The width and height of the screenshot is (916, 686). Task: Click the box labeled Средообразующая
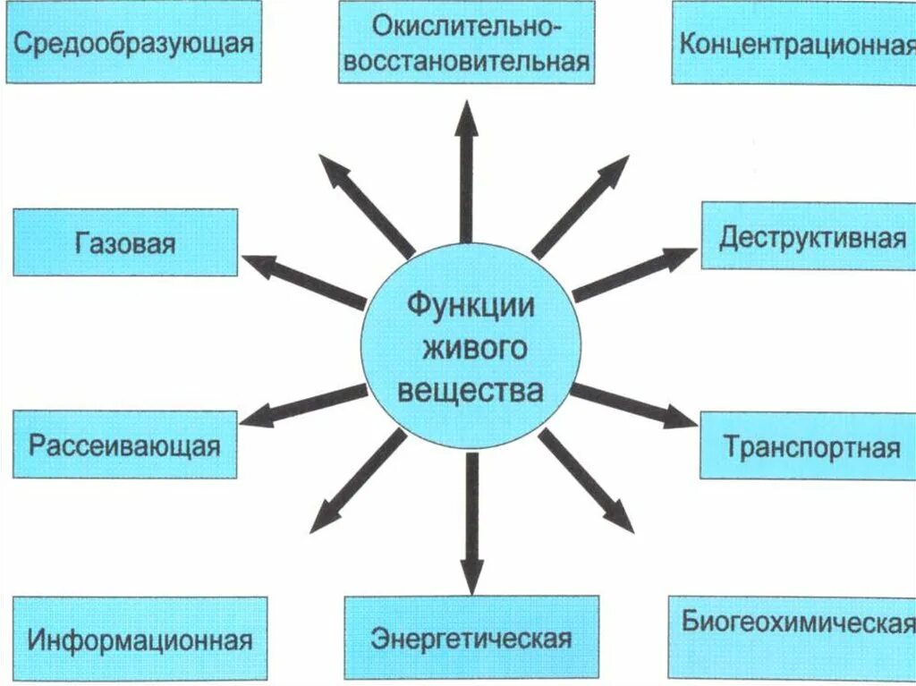pyautogui.click(x=134, y=42)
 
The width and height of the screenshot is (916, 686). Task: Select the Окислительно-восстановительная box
pyautogui.click(x=466, y=42)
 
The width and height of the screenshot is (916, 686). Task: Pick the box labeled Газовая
pyautogui.click(x=125, y=242)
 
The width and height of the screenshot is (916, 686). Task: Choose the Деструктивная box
pyautogui.click(x=808, y=236)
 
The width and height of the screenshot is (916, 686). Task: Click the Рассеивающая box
pyautogui.click(x=124, y=445)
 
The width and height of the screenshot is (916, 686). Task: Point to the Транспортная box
pyautogui.click(x=808, y=445)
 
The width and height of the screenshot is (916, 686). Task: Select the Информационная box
pyautogui.click(x=140, y=639)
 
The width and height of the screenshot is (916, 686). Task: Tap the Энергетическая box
pyautogui.click(x=471, y=638)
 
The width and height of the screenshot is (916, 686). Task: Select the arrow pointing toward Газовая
pyautogui.click(x=304, y=281)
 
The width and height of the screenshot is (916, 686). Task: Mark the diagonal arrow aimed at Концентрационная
pyautogui.click(x=582, y=207)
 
